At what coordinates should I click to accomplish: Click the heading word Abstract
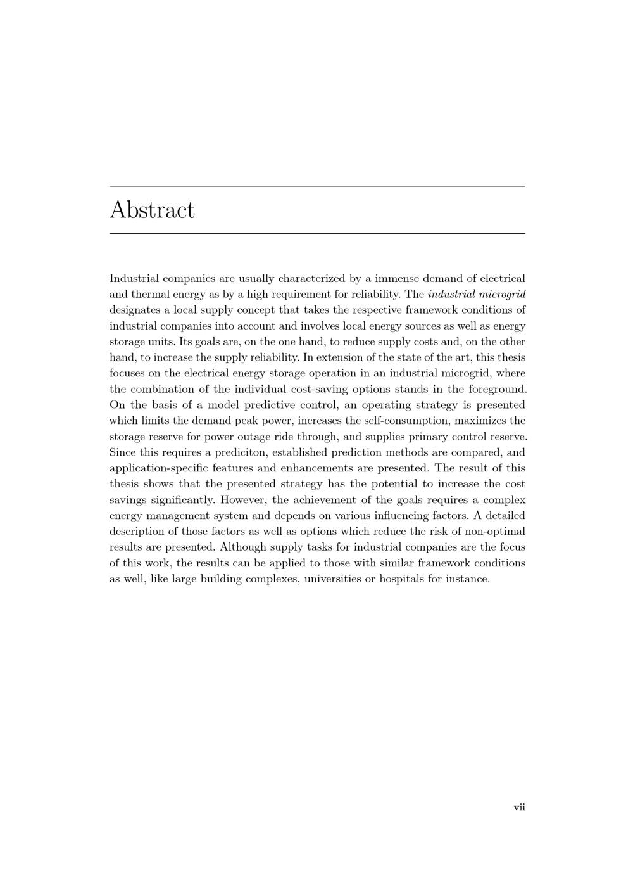point(152,210)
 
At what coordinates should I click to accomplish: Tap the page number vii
point(519,807)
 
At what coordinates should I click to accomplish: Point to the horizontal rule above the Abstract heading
point(317,186)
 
